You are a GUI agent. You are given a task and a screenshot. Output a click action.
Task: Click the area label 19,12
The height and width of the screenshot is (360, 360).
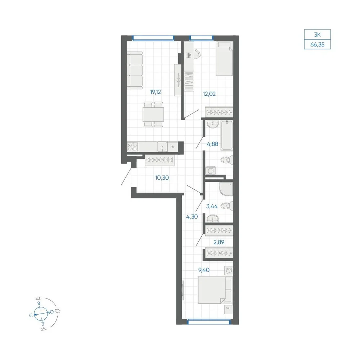[156, 92]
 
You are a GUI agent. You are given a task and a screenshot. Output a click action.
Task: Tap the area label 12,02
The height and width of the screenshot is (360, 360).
[209, 94]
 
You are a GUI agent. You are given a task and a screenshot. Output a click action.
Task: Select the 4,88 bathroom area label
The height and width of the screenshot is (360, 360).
[212, 144]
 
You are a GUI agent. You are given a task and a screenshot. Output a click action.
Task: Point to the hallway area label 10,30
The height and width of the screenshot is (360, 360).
[162, 178]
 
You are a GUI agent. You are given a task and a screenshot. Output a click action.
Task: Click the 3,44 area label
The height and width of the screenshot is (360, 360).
[212, 206]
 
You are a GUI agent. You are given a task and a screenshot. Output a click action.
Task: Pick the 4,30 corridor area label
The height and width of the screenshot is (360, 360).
[192, 216]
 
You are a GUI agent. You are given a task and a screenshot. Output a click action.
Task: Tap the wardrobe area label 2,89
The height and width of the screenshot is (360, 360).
[219, 242]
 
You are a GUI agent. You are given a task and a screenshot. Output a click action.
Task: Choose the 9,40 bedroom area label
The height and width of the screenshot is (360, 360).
[204, 270]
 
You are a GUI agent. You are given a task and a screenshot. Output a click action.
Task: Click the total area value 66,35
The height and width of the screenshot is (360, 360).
[317, 45]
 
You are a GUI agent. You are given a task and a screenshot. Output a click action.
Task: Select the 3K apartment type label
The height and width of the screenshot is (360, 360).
[317, 35]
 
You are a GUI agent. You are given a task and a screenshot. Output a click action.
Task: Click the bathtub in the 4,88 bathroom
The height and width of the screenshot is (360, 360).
[227, 135]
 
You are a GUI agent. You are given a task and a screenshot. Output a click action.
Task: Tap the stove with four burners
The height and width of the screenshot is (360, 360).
[132, 147]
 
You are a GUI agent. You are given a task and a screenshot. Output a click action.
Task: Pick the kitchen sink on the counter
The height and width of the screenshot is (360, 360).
[162, 147]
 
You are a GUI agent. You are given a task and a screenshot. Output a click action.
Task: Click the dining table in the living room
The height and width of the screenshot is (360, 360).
[153, 114]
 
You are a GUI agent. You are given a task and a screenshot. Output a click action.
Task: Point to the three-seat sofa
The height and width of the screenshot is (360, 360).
[135, 70]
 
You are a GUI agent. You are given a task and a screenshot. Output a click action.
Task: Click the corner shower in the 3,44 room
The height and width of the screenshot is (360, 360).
[226, 189]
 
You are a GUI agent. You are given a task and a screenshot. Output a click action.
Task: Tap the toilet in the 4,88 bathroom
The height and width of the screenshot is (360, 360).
[227, 160]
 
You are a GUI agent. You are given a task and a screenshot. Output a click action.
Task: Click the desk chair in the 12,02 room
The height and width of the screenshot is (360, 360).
[197, 54]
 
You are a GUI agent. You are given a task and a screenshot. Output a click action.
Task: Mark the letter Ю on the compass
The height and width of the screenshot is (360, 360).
[51, 311]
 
